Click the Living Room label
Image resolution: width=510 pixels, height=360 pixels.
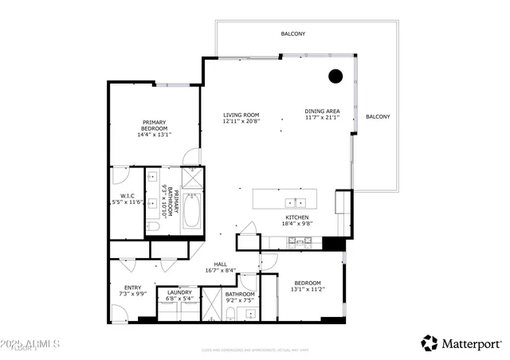coord(240,115)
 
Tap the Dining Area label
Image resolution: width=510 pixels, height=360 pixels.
coord(322,111)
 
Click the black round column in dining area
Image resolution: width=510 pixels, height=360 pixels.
coord(335,76)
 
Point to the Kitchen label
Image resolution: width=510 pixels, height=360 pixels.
coord(297,217)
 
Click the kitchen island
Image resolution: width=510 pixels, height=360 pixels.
coord(288,199)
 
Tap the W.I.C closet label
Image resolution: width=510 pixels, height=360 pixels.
coord(127,196)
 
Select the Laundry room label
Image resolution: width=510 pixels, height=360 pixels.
coord(179,293)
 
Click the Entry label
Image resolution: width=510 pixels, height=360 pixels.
coord(132,288)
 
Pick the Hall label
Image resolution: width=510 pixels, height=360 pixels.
coord(221,265)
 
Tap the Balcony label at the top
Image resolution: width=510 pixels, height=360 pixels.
coord(292,34)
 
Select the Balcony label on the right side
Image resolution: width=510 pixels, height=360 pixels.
coord(378,117)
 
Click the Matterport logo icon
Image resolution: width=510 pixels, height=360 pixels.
coord(430,343)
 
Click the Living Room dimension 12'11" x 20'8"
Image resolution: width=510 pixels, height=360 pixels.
coord(240,122)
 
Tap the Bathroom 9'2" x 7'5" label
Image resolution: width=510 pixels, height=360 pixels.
coord(240,297)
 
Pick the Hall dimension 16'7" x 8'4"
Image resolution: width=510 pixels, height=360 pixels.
coord(221,272)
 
